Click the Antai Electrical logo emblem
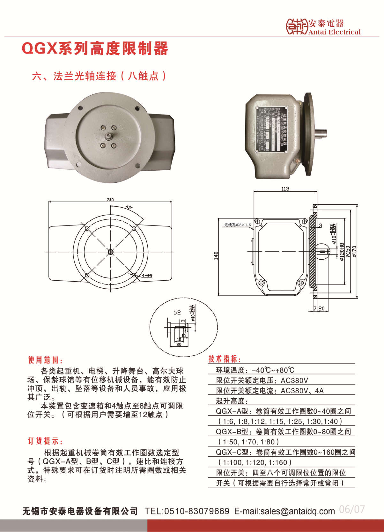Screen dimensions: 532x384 click(x=296, y=26)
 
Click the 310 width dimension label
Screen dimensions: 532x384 click(x=110, y=200)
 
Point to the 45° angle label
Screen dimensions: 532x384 click(x=129, y=207)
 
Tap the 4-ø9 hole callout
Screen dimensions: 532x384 click(x=147, y=276)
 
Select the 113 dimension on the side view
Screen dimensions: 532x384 click(x=285, y=189)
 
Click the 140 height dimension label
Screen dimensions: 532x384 click(x=216, y=255)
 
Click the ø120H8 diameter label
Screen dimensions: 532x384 click(x=342, y=252)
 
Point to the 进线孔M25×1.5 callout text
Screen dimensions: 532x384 click(x=237, y=225)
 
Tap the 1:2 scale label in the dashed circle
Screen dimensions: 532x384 click(x=177, y=313)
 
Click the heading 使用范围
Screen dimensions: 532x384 click(x=45, y=360)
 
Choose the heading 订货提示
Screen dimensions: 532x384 click(x=45, y=441)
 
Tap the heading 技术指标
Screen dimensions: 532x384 click(x=225, y=359)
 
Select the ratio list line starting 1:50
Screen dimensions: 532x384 click(x=249, y=442)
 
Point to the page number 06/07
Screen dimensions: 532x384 click(x=352, y=509)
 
